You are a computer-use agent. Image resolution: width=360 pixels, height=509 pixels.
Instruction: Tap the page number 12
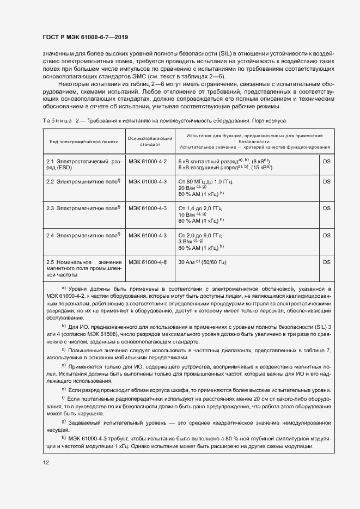46,462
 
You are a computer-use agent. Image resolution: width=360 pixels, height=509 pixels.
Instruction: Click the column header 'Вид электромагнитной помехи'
83,142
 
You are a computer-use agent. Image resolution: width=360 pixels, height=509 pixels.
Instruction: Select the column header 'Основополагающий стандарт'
150,142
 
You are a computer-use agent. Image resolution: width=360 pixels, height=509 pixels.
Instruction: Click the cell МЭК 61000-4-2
148,162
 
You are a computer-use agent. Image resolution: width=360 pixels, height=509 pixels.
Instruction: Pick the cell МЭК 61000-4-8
148,262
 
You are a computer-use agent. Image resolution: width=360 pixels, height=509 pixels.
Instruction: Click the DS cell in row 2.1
327,162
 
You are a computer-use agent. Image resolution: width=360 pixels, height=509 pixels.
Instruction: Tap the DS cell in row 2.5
327,262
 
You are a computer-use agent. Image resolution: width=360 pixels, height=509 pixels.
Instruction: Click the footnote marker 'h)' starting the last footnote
63,439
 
